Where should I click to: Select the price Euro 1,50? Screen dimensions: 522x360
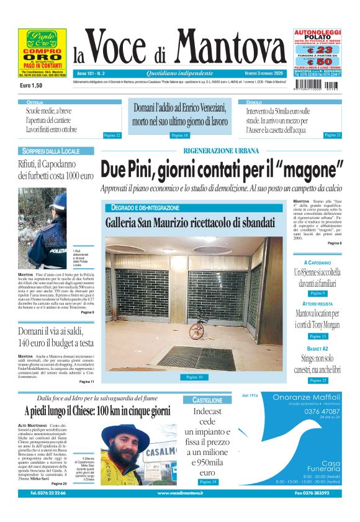[x=32, y=84]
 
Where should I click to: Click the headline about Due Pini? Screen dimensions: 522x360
[x=222, y=169]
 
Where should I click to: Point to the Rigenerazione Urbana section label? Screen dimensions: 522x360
[x=221, y=151]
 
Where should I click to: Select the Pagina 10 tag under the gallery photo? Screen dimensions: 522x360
[x=194, y=377]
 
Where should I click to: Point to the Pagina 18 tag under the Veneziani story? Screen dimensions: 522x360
[x=179, y=135]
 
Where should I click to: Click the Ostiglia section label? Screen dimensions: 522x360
[x=35, y=101]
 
